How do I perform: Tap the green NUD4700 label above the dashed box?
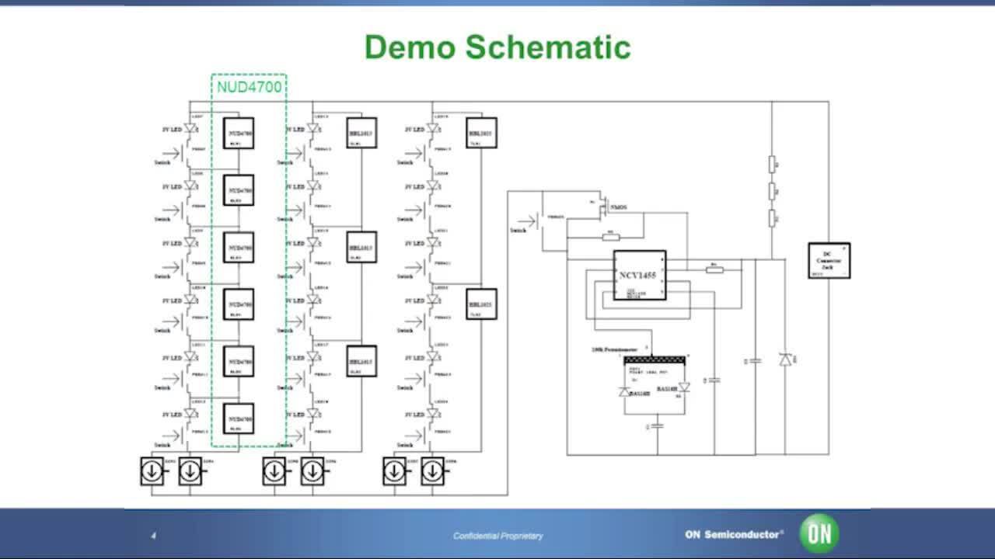[x=249, y=87]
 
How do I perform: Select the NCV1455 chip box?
[x=640, y=275]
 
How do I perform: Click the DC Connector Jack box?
[x=829, y=260]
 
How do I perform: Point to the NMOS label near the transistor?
[x=618, y=207]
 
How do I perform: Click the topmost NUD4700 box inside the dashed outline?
[x=239, y=133]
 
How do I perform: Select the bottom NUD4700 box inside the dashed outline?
[x=239, y=418]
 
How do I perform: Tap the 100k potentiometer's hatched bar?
[x=655, y=359]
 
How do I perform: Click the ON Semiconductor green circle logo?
[x=820, y=533]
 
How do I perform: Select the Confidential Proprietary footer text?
[x=498, y=536]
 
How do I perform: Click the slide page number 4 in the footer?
[x=153, y=536]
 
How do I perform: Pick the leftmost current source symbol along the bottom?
[x=152, y=471]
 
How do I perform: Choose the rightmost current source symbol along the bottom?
[x=433, y=471]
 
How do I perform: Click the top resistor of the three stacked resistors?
[x=772, y=164]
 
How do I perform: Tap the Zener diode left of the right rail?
[x=785, y=359]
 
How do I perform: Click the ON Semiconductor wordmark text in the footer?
[x=734, y=534]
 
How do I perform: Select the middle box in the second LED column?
[x=361, y=247]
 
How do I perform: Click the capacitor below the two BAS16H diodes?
[x=657, y=425]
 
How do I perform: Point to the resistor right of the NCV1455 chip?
[x=715, y=269]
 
